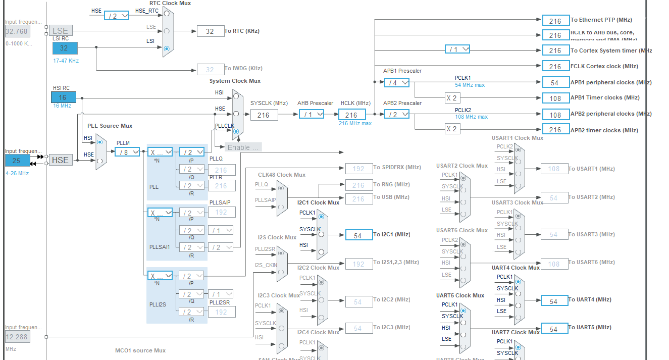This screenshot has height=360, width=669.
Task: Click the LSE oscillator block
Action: point(61,31)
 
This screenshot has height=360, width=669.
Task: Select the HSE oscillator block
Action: point(61,160)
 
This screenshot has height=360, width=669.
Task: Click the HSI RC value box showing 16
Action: point(63,97)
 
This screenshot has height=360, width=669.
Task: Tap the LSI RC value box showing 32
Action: point(65,48)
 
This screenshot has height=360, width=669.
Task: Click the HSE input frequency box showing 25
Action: point(18,160)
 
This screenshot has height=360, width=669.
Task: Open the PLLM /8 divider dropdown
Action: point(127,152)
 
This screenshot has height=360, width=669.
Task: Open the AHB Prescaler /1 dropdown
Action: point(311,115)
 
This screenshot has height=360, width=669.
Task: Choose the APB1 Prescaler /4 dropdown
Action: point(397,82)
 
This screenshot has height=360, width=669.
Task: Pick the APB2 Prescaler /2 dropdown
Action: point(397,114)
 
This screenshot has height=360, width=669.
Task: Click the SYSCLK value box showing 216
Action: point(264,115)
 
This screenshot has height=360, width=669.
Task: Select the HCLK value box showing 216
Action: point(351,115)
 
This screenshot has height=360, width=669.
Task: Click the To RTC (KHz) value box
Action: point(210,31)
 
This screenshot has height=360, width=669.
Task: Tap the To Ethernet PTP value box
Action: point(555,21)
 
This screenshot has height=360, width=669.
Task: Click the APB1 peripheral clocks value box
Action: point(555,82)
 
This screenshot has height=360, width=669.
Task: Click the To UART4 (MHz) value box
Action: point(554,300)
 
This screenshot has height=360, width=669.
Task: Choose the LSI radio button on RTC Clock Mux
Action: point(167,48)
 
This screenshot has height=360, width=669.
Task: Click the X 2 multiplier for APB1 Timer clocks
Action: point(452,98)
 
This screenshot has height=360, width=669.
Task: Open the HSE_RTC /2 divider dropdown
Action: point(117,16)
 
